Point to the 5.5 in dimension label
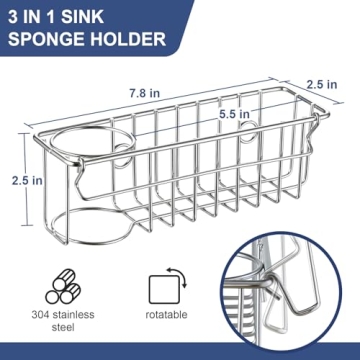point(235,115)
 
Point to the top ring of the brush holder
point(81,146)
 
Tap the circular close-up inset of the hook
point(290,300)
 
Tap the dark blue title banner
point(90,29)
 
